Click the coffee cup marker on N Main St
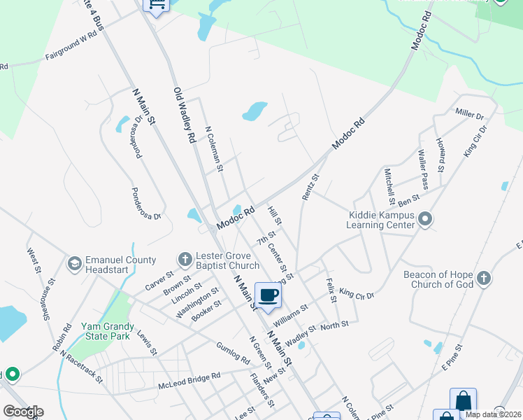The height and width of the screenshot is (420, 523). (268, 294)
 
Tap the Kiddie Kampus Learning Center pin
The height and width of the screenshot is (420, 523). (425, 220)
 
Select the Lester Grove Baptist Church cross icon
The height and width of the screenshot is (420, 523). (185, 260)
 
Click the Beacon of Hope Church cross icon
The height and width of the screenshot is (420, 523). (484, 279)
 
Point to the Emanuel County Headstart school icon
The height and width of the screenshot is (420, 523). (73, 264)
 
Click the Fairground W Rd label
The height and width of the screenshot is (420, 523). (71, 48)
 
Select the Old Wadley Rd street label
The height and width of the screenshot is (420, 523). (184, 115)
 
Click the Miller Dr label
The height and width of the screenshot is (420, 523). (469, 113)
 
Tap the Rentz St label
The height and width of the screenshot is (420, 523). (310, 188)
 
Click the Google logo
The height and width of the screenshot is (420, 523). (23, 412)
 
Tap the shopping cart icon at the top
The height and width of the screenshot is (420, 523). (156, 4)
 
